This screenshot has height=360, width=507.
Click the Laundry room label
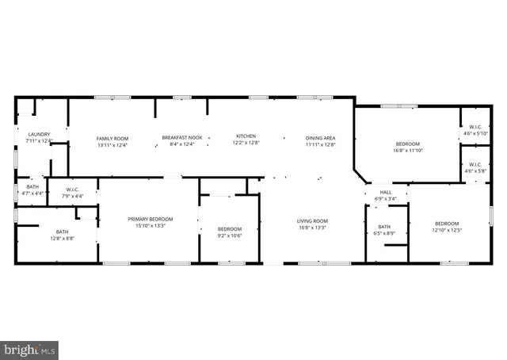tap(39, 134)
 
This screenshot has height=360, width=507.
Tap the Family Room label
tap(112, 138)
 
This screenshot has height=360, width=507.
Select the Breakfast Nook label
tap(182, 138)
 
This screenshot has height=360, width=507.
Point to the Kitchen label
tap(246, 137)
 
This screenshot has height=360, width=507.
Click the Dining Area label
tap(321, 138)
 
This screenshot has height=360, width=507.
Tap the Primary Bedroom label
tap(151, 219)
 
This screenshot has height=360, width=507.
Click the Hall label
tap(386, 192)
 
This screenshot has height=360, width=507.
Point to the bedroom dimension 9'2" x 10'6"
tap(229, 235)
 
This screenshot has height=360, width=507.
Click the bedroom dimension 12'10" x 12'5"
tap(446, 231)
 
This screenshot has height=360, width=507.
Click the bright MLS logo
tap(30, 347)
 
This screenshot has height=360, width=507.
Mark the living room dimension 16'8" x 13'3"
tap(312, 228)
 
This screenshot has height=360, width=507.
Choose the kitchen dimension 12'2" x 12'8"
tap(246, 144)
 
